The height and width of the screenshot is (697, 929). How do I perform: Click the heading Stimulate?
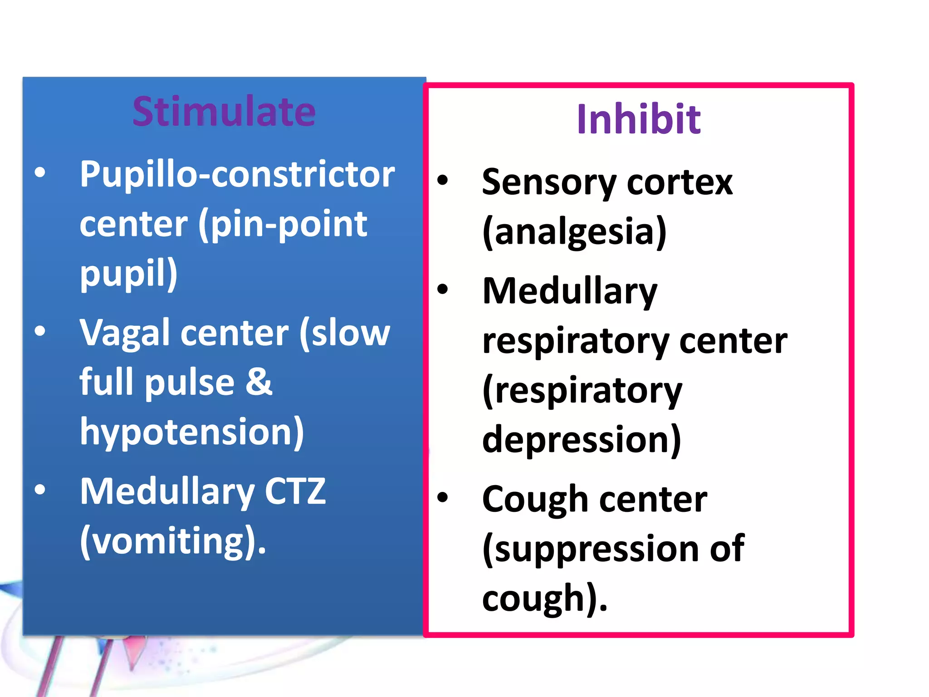[224, 112]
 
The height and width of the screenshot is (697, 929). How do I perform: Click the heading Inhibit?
[638, 119]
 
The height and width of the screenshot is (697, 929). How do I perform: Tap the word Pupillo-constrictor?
[237, 174]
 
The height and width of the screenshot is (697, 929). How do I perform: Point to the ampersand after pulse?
[259, 381]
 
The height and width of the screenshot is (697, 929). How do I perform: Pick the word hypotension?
[188, 432]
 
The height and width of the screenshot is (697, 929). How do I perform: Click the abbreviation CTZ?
[295, 491]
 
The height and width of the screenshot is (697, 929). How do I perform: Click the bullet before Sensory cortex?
[442, 180]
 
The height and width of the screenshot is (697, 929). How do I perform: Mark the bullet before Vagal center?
[40, 331]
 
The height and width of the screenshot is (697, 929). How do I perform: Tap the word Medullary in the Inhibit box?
[570, 291]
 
